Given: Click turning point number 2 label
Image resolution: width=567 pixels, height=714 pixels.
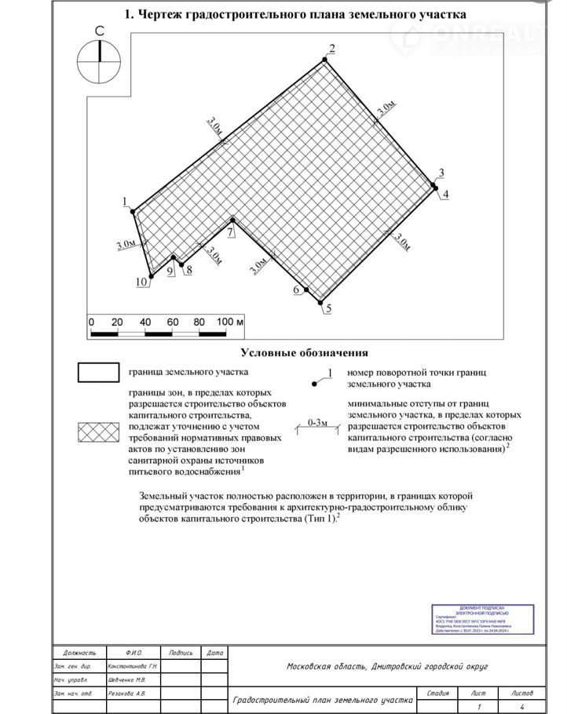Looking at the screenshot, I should coord(332,49).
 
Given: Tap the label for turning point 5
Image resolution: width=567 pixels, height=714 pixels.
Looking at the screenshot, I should coord(328,308).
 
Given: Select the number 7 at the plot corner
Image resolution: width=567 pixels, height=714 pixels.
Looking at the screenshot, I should coord(231,232).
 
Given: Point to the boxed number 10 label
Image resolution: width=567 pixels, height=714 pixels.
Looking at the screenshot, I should coord(142,282).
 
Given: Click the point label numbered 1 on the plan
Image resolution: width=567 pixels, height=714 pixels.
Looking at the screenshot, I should coord(125,202).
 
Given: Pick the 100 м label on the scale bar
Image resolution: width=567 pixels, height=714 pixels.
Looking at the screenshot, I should coord(231,322).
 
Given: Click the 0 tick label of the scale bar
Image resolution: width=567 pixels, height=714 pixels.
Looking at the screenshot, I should coord(91,322).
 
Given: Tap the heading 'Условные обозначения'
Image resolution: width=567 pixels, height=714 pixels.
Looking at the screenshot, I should coord(304,353).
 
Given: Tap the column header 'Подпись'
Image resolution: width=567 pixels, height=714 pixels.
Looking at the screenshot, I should coord(181,652).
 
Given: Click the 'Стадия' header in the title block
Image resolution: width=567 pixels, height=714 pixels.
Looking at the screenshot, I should coord(438,693).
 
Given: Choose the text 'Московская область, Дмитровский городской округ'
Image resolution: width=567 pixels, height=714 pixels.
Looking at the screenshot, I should coord(387,666).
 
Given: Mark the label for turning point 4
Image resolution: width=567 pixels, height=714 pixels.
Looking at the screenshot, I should coord(445,194).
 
